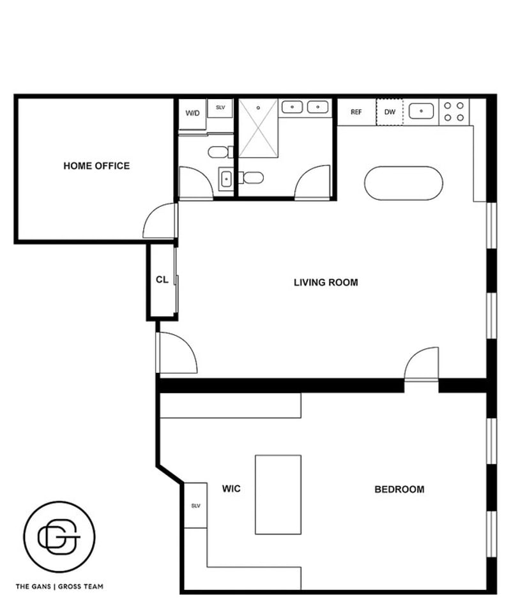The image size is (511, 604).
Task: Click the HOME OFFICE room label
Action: (x=96, y=166)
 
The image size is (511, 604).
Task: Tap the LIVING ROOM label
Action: (x=326, y=282)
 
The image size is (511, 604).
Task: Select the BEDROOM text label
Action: (x=399, y=489)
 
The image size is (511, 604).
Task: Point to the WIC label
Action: (x=231, y=488)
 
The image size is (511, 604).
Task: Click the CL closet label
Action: (x=162, y=279)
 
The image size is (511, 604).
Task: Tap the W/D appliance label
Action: (x=192, y=113)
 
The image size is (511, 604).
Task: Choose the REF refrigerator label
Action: (x=356, y=112)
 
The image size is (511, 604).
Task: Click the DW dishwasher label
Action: (x=390, y=112)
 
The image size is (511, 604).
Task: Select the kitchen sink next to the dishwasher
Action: (x=421, y=111)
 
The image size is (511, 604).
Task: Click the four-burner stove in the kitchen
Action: (x=454, y=112)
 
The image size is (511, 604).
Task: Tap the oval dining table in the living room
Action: (x=404, y=183)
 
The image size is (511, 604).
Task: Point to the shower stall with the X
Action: (x=258, y=128)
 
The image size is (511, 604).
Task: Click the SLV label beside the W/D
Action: (x=220, y=107)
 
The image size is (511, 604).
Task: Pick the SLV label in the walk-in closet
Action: (x=195, y=506)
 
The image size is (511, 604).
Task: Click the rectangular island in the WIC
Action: (x=278, y=495)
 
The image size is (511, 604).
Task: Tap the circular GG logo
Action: (x=59, y=536)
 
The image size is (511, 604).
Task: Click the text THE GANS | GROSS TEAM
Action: (x=59, y=587)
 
